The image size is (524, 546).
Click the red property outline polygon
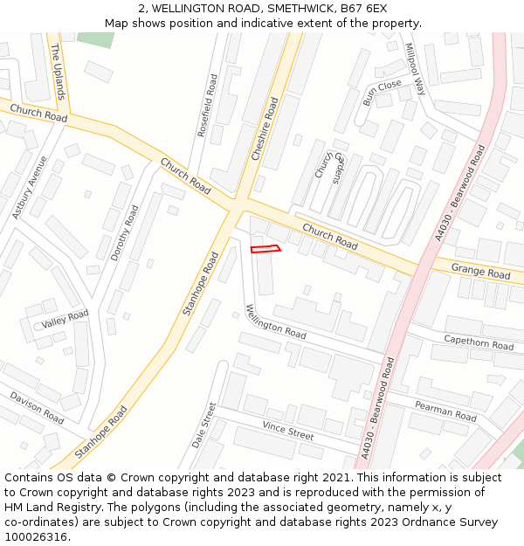point(265,250)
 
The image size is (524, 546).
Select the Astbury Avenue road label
point(28,187)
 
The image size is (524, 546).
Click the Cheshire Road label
point(265,129)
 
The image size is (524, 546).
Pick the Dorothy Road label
point(124,233)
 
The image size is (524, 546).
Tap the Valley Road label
point(65,320)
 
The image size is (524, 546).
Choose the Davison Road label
point(38,408)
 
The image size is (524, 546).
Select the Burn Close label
point(382,92)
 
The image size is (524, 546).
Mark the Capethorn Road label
point(479,342)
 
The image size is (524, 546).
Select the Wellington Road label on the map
point(275,321)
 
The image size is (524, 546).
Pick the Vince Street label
point(288,430)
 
